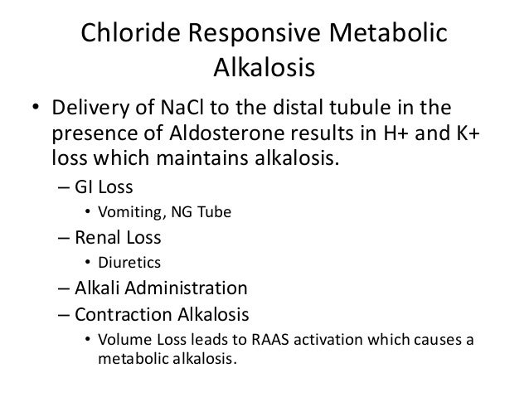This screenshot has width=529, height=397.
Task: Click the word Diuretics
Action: pos(126,264)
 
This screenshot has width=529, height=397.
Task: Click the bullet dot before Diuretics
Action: pos(87,264)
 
